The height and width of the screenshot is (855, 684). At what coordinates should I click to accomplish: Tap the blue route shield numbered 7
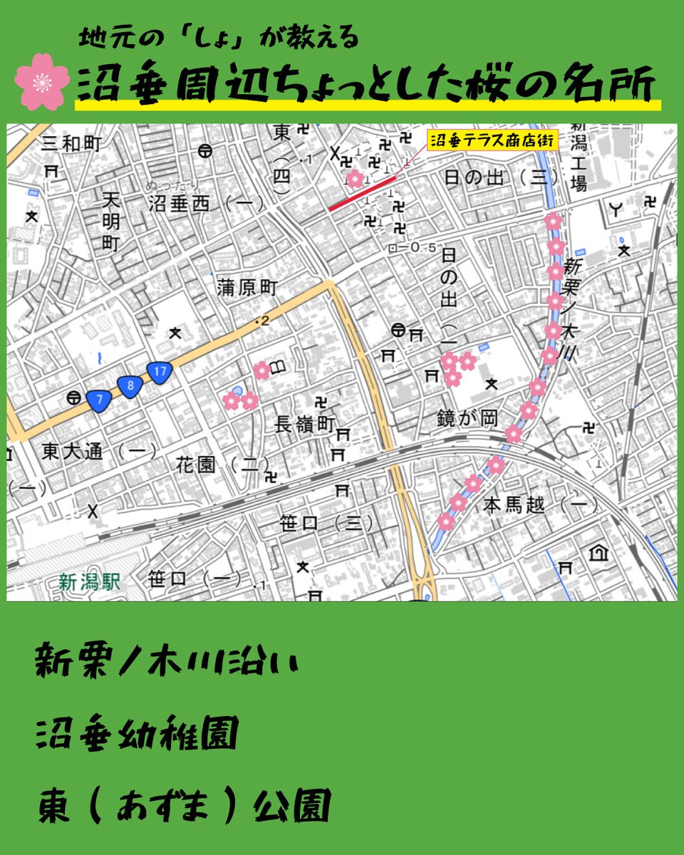coord(99,401)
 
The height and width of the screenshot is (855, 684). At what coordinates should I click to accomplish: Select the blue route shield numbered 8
coord(130,386)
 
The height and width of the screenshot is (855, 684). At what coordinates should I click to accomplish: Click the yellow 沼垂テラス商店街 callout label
coord(491,140)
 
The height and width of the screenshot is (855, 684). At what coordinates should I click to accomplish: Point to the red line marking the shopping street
coord(361,193)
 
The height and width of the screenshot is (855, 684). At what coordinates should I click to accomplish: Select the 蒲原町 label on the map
coord(247,288)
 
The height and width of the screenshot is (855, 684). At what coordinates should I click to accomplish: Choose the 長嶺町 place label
coord(304,425)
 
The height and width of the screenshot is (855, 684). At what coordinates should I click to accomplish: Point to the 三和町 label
coord(71,143)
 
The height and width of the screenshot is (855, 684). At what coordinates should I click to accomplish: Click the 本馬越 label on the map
coord(514,506)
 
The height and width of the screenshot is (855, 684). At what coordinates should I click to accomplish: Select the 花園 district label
coord(197,465)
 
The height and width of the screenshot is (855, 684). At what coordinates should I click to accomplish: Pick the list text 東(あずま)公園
coord(183,807)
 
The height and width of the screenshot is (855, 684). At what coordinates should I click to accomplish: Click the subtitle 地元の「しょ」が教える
coord(218,39)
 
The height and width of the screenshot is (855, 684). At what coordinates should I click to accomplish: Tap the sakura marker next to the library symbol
coord(262,370)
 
